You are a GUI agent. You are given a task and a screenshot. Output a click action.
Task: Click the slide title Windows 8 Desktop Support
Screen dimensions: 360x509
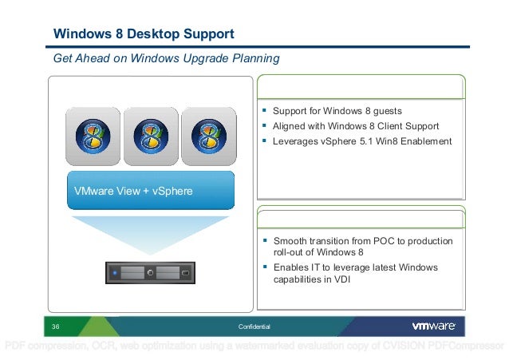[x=144, y=34]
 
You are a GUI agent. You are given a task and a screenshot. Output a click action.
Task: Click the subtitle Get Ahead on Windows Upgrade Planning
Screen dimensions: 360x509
[x=166, y=59]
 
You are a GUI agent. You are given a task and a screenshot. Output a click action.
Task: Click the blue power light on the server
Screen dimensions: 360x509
[x=115, y=273]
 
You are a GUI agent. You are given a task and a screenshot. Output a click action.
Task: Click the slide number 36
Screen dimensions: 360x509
[x=57, y=327]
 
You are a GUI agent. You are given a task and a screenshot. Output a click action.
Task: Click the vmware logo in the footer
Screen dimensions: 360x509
[x=433, y=326]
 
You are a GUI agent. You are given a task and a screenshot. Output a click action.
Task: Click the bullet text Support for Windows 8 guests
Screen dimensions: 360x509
[x=337, y=110]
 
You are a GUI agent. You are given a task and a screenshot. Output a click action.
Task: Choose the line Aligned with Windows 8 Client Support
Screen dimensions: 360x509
[x=356, y=126]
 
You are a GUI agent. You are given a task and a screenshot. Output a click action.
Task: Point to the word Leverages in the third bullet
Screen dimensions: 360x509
[x=296, y=141]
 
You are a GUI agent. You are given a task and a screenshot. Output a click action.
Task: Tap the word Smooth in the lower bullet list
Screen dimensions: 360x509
[x=290, y=241]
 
